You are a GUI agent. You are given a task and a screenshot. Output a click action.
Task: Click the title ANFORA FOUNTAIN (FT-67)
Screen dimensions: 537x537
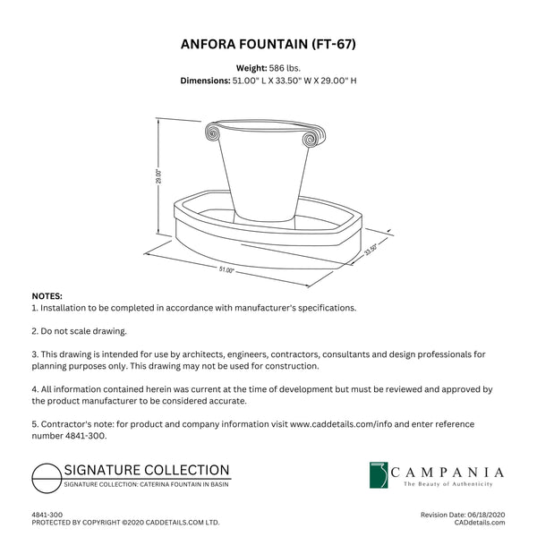tap(268, 42)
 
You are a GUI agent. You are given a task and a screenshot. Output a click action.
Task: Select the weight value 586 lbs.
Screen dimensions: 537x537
tap(286, 67)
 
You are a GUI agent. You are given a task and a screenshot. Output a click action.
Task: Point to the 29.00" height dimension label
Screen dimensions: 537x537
tap(158, 177)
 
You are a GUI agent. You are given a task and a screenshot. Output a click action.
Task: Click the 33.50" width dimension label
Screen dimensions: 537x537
tap(371, 251)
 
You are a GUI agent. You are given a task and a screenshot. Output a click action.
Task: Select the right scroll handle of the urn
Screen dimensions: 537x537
tap(309, 140)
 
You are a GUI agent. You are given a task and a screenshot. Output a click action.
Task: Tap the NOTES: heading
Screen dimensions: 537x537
tap(47, 295)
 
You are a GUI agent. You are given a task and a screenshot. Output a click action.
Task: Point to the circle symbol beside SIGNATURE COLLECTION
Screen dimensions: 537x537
tap(46, 477)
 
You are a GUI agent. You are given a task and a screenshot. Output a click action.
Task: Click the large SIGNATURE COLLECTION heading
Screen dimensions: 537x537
tap(146, 470)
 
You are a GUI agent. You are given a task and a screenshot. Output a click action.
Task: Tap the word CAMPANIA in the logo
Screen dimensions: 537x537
tap(454, 472)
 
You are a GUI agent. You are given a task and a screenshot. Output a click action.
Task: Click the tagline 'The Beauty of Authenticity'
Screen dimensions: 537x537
tap(447, 484)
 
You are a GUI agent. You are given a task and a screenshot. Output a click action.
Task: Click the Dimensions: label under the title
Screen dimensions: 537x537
tap(206, 80)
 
